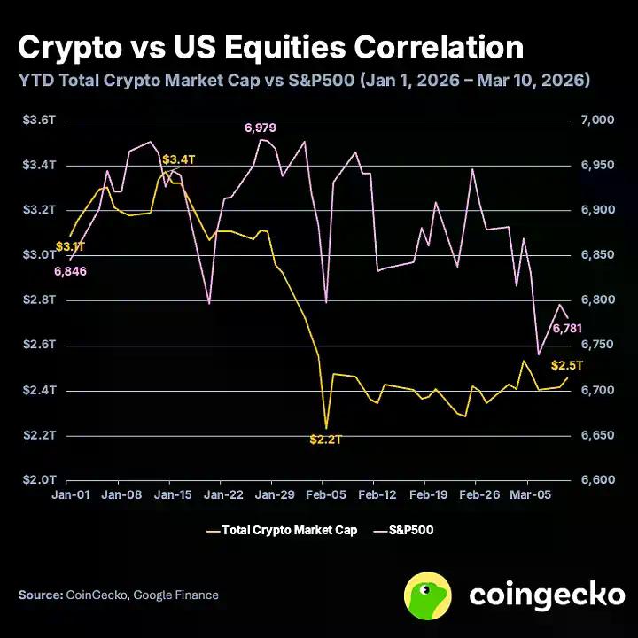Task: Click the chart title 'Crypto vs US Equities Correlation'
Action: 270,46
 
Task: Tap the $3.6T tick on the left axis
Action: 38,121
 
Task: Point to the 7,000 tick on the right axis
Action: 595,121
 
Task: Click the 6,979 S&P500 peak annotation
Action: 260,128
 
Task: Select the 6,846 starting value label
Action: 70,271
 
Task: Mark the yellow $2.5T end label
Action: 566,365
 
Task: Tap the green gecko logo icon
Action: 429,595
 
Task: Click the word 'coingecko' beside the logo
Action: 546,595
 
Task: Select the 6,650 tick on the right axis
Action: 595,435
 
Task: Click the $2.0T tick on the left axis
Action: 38,480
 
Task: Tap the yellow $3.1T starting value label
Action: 70,245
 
